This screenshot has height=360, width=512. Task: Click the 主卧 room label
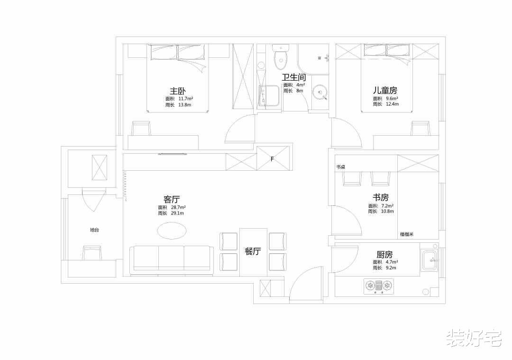pos(178,91)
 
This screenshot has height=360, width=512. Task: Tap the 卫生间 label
pos(294,77)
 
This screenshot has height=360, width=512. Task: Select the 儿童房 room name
pos(385,90)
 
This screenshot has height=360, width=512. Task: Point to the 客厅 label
pos(172,199)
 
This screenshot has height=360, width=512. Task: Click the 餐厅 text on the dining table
pos(253,251)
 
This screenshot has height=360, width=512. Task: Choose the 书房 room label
pos(381,197)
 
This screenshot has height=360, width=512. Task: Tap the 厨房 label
pos(384,254)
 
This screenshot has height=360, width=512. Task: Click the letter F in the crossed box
pos(272,159)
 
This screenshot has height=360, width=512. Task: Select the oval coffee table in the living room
pos(172,231)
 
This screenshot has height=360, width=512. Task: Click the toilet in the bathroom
pos(280,57)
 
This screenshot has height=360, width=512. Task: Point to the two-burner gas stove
pos(379,286)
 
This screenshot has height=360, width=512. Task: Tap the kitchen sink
pos(430,260)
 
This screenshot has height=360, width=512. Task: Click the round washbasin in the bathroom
pos(320,92)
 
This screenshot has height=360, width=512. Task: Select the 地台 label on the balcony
pos(94,230)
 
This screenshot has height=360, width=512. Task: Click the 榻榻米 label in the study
pos(407,234)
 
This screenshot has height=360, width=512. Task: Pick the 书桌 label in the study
pos(341,167)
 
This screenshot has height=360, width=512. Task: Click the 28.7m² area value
pos(178,207)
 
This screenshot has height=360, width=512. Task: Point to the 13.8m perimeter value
pos(185,105)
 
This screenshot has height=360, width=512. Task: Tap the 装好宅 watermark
pos(474,337)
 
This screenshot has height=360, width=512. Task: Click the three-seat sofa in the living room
pos(172,260)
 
